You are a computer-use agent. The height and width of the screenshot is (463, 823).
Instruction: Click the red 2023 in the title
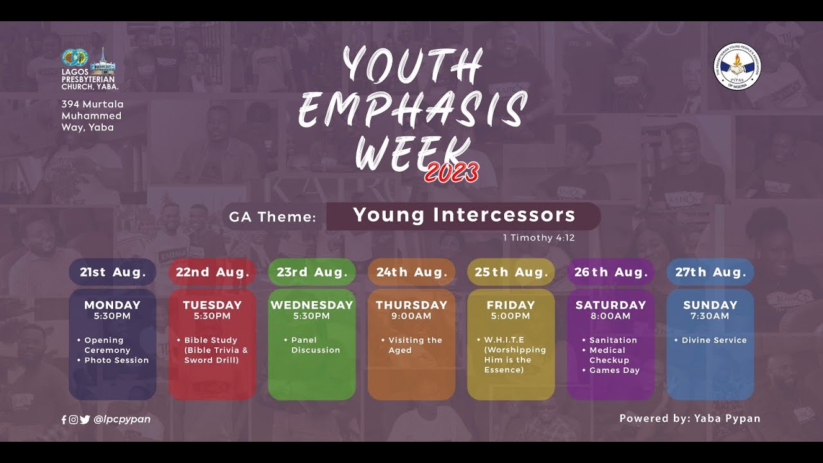[451, 172]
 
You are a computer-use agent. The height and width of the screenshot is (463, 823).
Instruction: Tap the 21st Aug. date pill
[113, 272]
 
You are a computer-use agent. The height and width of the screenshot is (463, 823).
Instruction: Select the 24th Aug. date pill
[411, 272]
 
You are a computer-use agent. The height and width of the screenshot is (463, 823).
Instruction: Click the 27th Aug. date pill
[710, 272]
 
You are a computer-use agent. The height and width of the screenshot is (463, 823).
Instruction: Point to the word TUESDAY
[212, 305]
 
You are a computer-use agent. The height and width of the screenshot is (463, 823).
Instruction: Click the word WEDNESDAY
[312, 305]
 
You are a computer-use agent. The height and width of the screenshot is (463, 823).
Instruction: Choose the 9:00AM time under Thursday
[411, 316]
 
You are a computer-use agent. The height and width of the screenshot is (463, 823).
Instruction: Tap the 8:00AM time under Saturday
[611, 316]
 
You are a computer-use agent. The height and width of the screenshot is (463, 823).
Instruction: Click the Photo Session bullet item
[116, 360]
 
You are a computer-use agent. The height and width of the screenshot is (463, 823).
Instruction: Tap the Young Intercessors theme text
[464, 215]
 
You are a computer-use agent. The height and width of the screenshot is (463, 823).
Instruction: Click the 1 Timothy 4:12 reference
[538, 238]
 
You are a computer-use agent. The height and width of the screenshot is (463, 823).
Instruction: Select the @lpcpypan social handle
[122, 419]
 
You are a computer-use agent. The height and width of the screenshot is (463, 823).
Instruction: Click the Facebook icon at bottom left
[64, 419]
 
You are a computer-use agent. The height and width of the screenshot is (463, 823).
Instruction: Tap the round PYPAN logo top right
[737, 68]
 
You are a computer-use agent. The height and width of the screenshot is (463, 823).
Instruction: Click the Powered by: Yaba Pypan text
[689, 419]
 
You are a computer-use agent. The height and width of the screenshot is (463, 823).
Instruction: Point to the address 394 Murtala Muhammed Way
[92, 116]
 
